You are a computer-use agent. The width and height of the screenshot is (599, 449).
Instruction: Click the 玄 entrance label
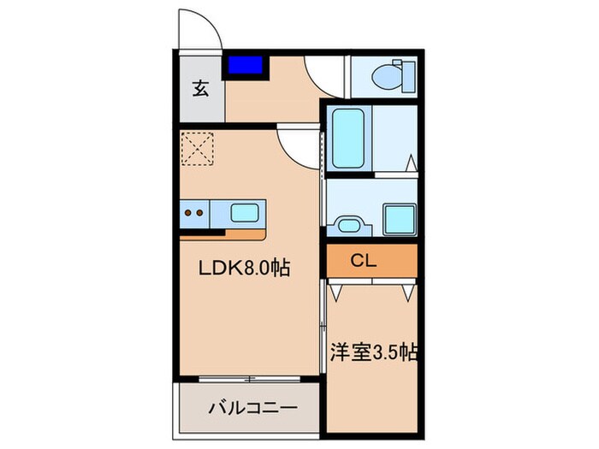tap(199, 88)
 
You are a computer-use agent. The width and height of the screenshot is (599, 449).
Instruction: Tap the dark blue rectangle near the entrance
tap(246, 64)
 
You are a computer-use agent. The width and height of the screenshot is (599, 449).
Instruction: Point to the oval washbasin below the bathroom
tap(349, 225)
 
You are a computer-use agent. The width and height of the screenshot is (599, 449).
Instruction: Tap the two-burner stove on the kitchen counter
tap(194, 211)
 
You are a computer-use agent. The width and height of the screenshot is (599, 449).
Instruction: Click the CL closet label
tap(363, 261)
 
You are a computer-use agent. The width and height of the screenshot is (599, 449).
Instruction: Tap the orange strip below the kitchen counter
tap(246, 232)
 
